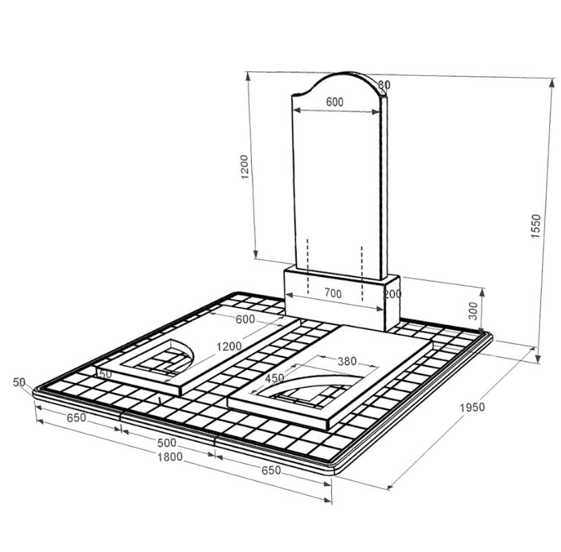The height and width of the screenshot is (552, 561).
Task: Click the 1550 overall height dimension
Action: [x=535, y=226]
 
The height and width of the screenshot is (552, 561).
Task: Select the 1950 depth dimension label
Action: [x=472, y=407]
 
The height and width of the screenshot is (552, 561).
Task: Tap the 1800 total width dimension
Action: [x=170, y=457]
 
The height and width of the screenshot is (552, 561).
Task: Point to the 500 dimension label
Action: [x=167, y=443]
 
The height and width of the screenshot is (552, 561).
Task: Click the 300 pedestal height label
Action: [x=473, y=311]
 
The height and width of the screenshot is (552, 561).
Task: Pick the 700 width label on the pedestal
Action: [x=333, y=294]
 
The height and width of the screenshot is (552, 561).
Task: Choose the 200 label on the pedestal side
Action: [x=393, y=294]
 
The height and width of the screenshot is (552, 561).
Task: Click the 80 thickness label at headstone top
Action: [x=384, y=85]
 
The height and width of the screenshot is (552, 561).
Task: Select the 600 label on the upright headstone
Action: [x=335, y=102]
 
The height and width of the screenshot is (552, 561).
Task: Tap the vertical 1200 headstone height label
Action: [x=244, y=167]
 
